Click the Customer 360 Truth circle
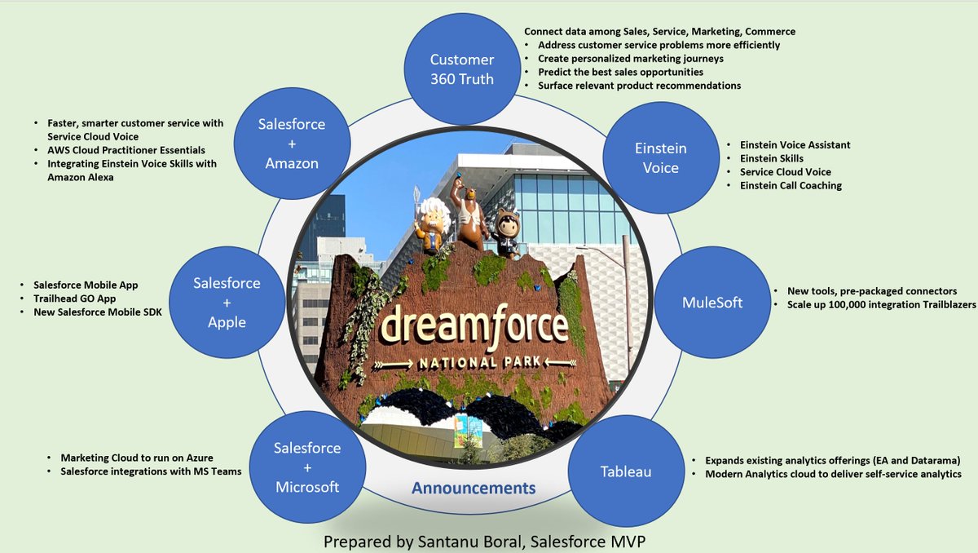[462, 69]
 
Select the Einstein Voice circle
[660, 158]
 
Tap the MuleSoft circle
[713, 303]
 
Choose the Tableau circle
[626, 471]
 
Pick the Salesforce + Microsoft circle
[306, 467]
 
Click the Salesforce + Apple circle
[227, 303]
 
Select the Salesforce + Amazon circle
[292, 144]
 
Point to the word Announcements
[474, 489]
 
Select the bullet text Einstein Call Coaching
[791, 186]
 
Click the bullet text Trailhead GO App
[75, 299]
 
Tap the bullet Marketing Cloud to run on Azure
[137, 458]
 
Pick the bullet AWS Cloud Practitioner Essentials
[126, 150]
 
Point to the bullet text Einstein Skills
[772, 158]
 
